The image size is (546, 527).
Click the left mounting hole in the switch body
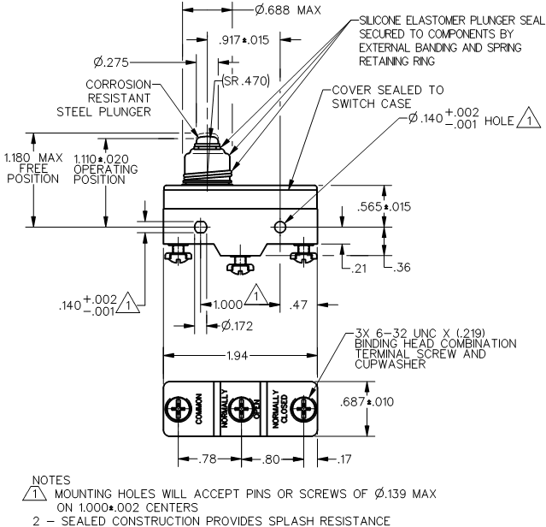201,227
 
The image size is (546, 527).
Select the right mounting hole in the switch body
280,227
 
